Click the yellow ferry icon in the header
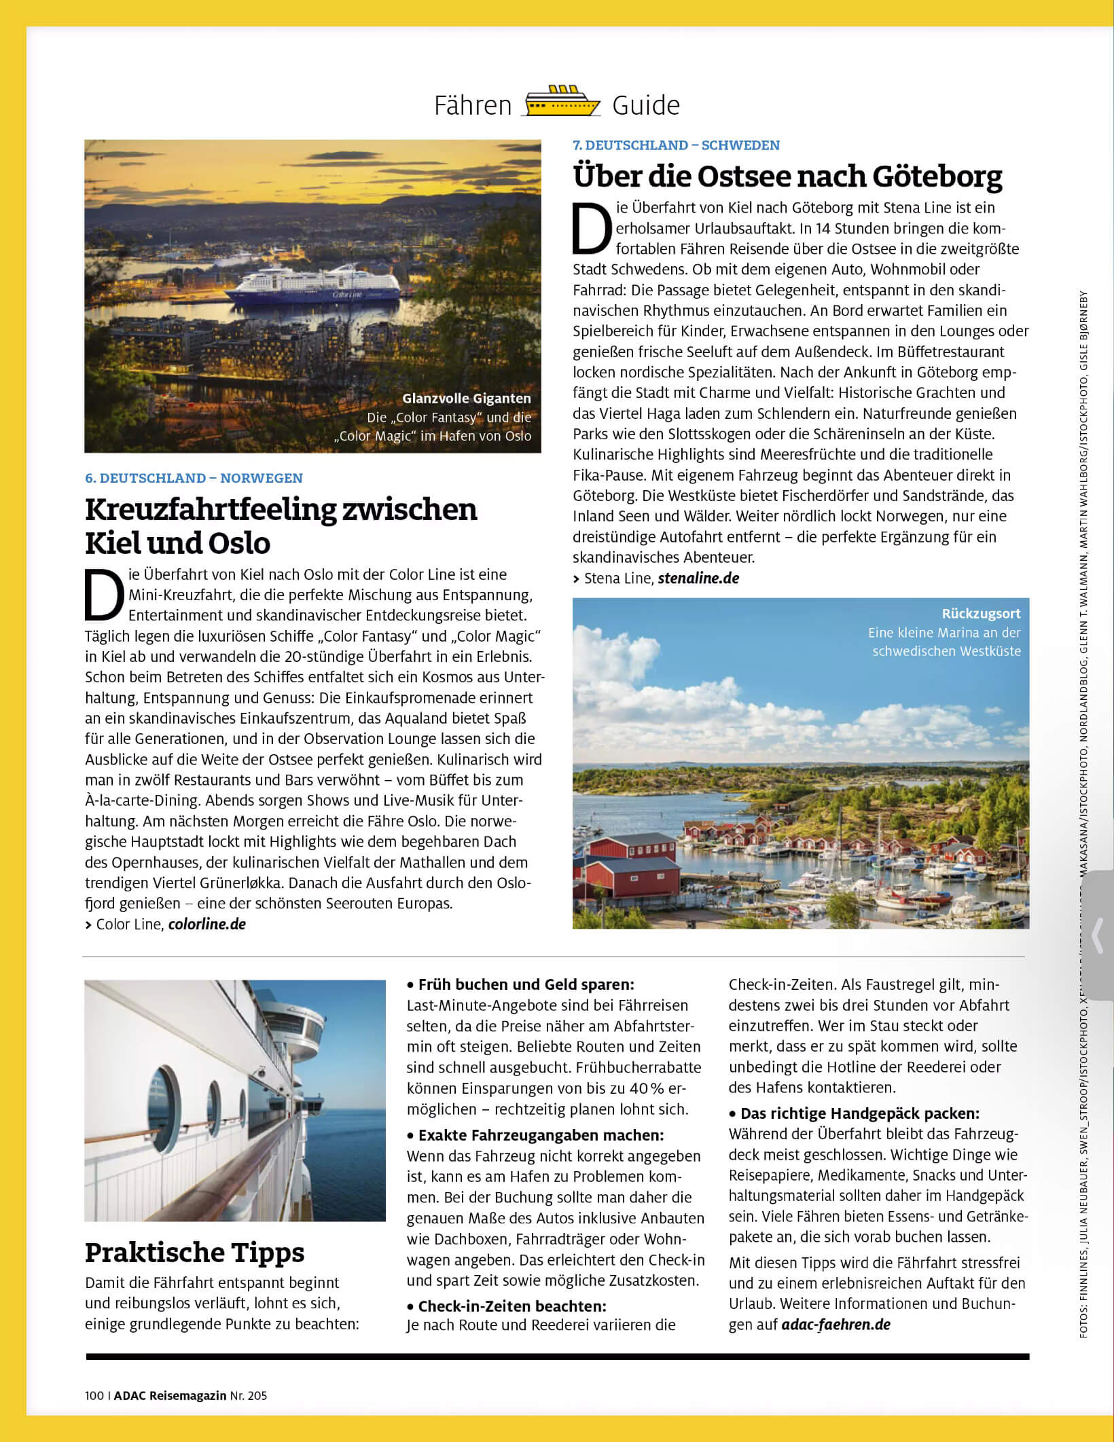point(562,103)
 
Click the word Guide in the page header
point(645,106)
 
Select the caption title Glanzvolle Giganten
point(466,399)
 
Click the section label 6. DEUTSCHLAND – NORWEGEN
point(194,478)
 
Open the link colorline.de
point(206,924)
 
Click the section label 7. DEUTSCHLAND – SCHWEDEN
point(676,145)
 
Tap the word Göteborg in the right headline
point(937,177)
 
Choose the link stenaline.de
point(698,578)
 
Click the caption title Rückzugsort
point(981,614)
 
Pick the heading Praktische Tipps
point(194,1253)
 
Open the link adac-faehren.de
point(836,1325)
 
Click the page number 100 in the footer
point(94,1396)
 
